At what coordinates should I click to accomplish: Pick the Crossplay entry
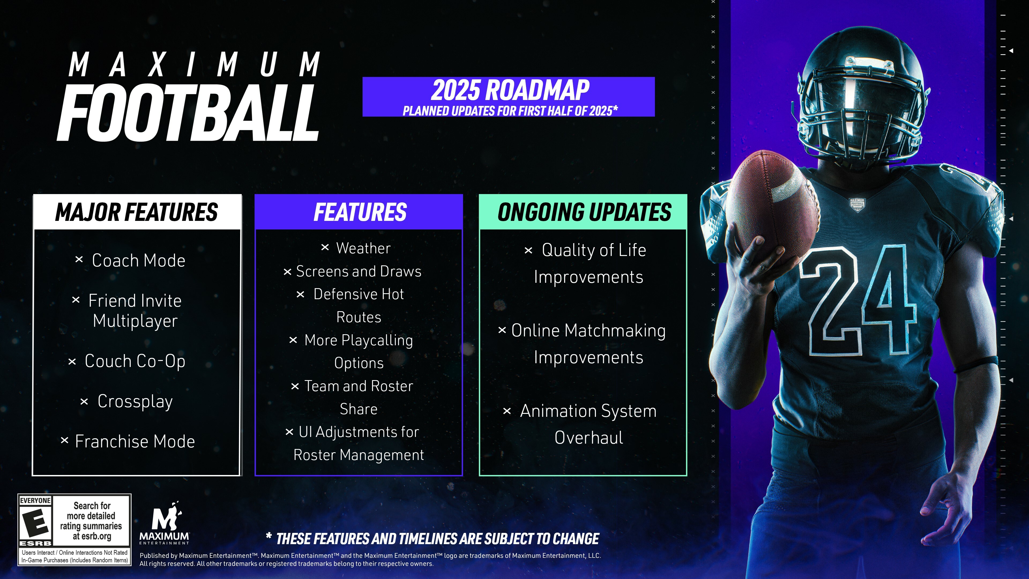(135, 402)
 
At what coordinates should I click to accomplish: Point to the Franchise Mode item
(135, 441)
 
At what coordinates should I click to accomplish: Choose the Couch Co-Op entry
(135, 361)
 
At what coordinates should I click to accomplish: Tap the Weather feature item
(363, 248)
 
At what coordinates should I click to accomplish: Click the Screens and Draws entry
(359, 271)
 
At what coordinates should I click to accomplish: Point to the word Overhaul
(589, 437)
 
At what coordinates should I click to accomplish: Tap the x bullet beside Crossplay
(84, 402)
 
